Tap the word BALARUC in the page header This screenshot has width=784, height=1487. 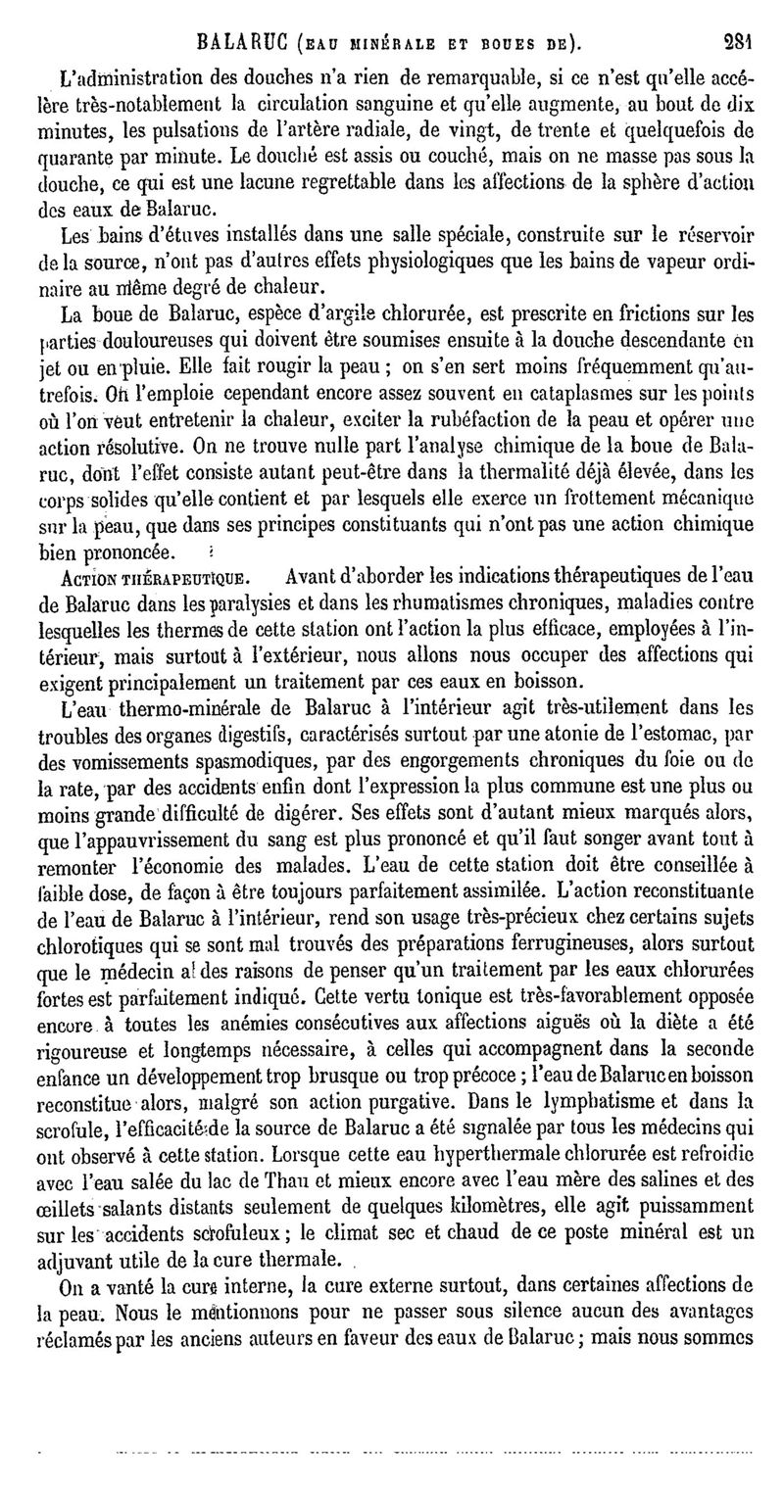click(x=241, y=42)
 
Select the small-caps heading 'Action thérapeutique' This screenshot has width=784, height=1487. click(x=130, y=575)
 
